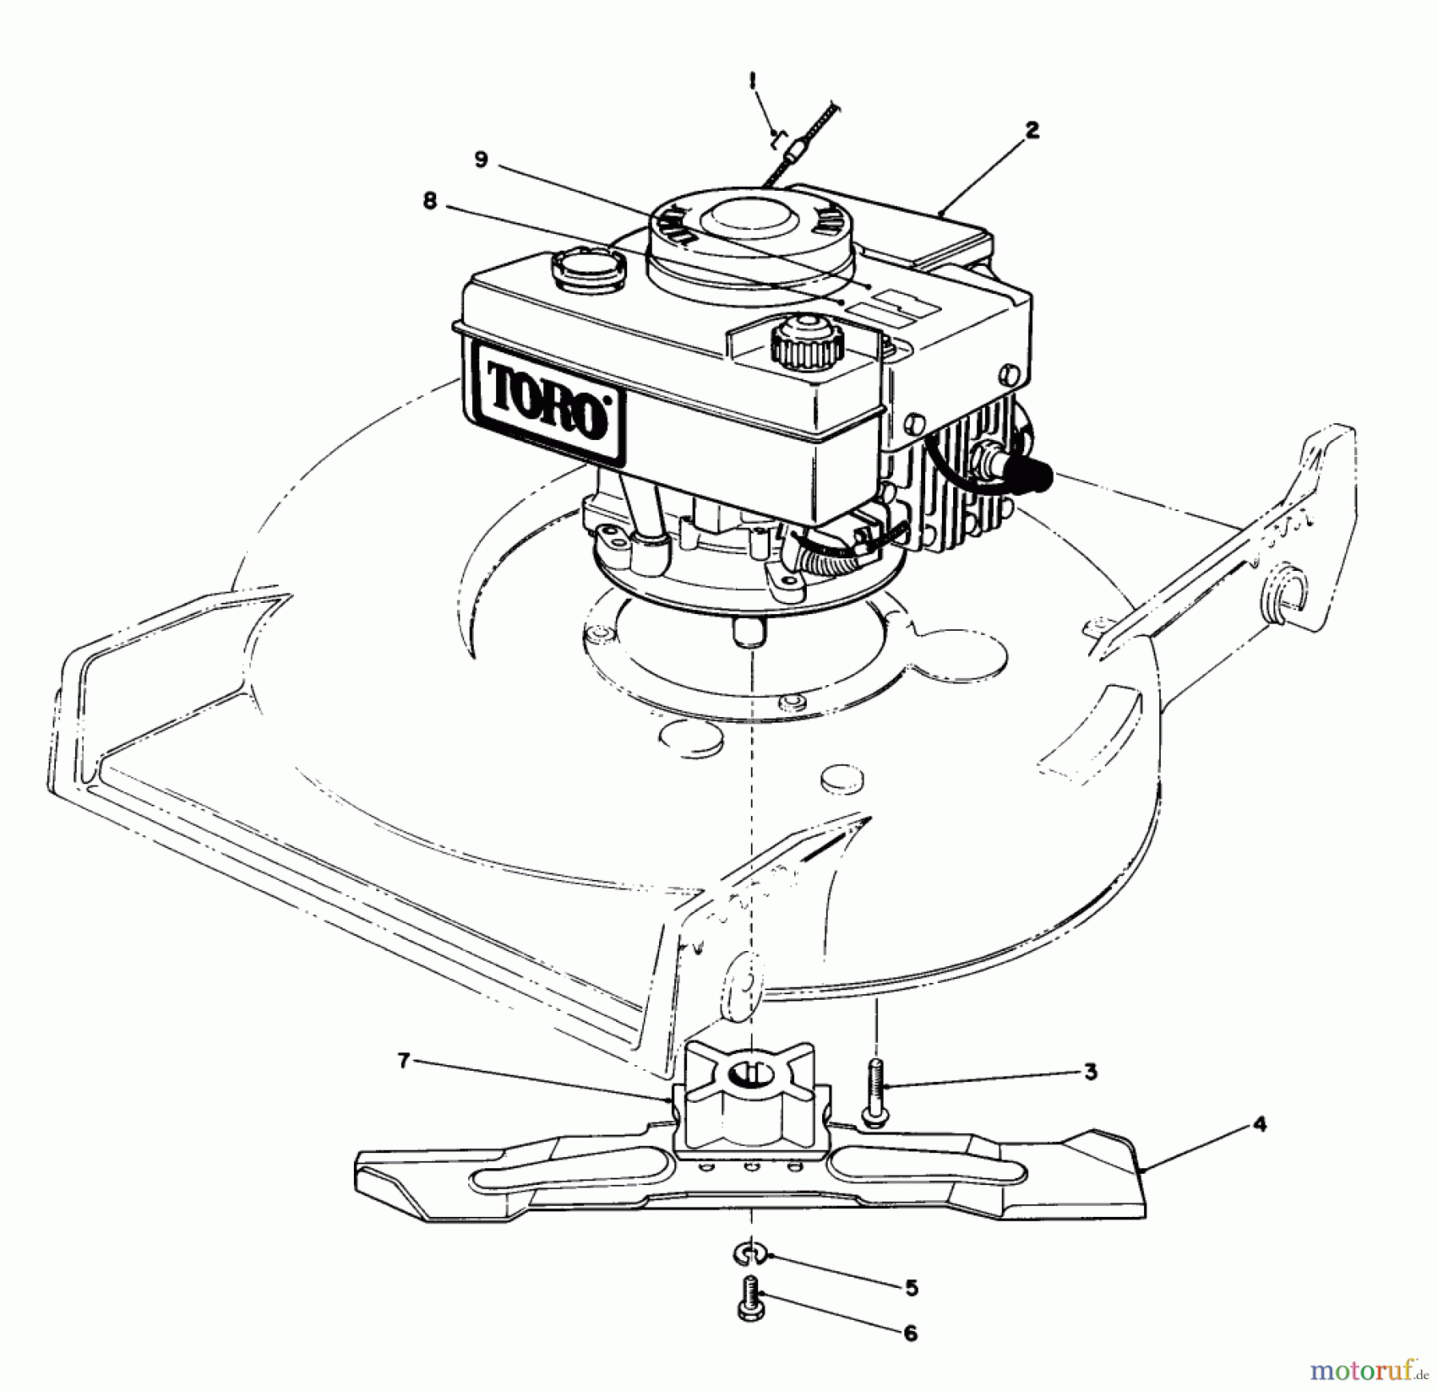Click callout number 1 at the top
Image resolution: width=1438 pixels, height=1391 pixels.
(752, 80)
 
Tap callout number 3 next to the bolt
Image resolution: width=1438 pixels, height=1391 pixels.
(1090, 1072)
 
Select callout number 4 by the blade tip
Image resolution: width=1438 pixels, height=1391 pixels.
(1259, 1124)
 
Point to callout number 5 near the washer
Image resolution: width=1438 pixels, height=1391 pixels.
(912, 1288)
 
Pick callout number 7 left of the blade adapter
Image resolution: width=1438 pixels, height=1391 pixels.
(404, 1061)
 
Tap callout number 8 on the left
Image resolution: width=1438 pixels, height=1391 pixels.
(430, 202)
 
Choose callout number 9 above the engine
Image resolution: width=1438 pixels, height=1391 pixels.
(480, 160)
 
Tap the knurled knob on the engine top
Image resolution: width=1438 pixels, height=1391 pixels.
(807, 342)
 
